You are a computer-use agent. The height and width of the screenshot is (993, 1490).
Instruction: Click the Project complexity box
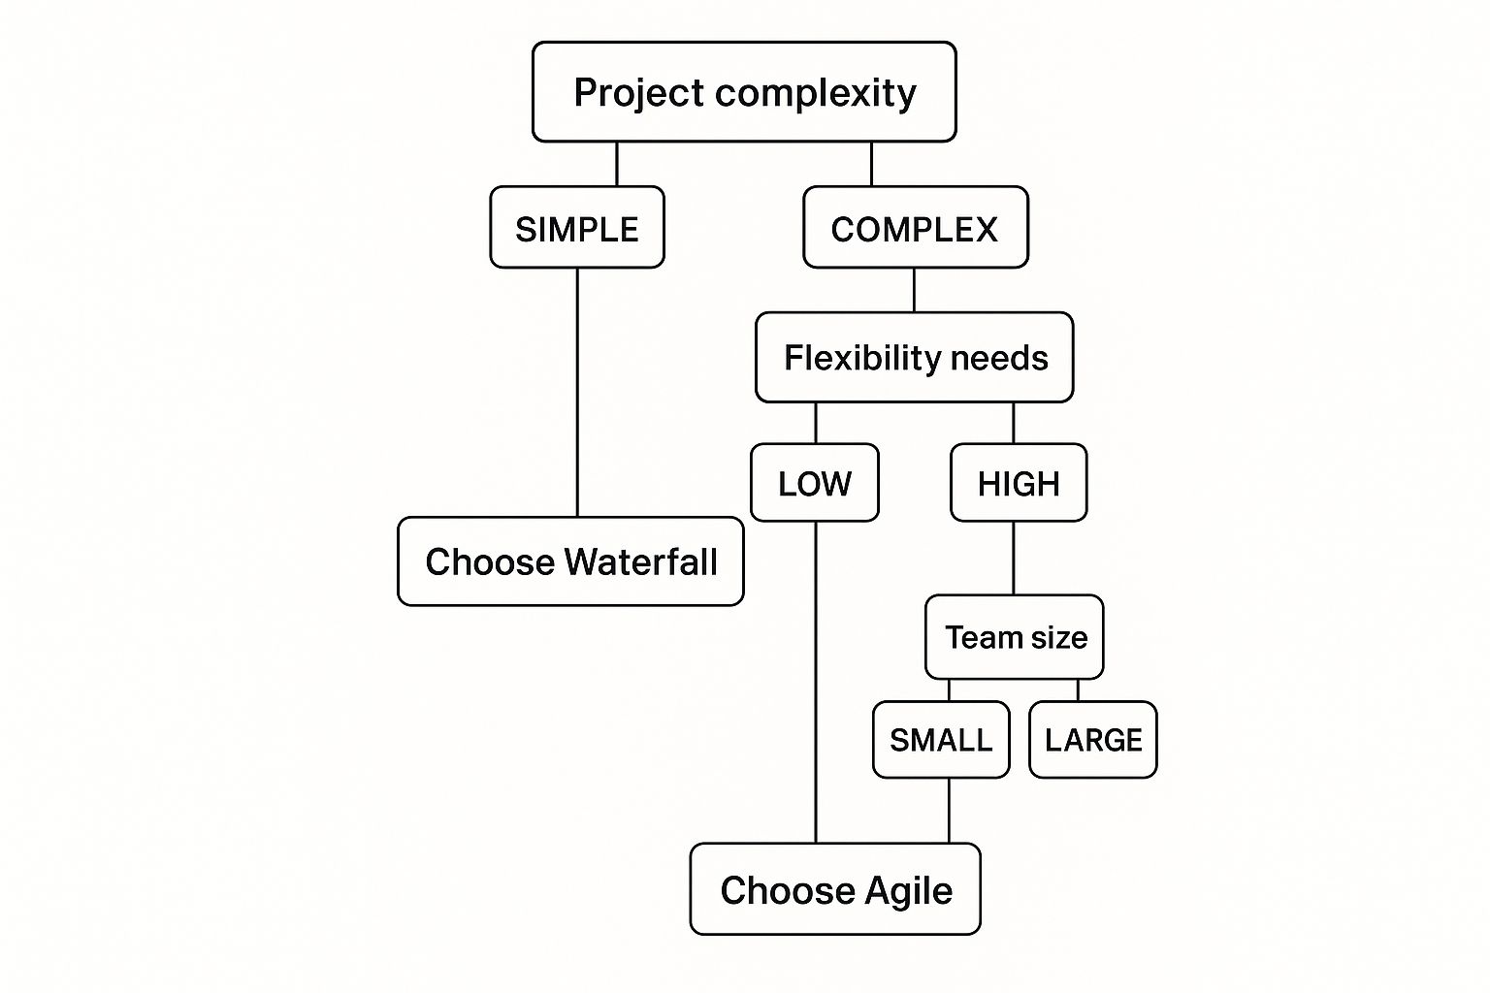(744, 92)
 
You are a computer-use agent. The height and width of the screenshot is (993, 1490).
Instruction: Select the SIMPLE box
(577, 228)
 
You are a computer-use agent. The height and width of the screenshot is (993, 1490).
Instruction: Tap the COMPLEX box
(915, 228)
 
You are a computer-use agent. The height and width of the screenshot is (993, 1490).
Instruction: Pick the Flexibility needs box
(915, 357)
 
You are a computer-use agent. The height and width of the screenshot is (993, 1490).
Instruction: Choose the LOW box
(815, 483)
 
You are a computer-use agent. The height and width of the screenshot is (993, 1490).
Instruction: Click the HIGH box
(1019, 483)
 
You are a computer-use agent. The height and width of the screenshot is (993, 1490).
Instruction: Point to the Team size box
(1015, 637)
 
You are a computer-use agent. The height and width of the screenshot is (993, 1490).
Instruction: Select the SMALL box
(941, 740)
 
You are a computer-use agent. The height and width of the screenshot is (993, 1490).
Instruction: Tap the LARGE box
(1093, 740)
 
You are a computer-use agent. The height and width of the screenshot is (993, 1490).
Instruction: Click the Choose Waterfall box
(570, 561)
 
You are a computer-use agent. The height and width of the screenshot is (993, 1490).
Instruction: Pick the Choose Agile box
(835, 889)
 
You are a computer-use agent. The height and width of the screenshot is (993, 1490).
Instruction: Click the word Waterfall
(641, 561)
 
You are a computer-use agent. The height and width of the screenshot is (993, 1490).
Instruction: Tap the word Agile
(909, 890)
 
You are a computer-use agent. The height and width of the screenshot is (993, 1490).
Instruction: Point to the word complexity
(816, 93)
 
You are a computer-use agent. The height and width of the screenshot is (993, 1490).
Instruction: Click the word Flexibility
(847, 357)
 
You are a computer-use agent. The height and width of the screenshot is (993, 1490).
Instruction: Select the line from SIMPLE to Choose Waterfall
(577, 392)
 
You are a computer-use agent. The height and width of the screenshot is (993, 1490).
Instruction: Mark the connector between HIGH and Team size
(1014, 558)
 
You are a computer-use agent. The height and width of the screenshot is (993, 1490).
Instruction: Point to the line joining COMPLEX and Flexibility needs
(914, 290)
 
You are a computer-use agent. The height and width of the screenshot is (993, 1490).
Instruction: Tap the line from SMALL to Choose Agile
(949, 811)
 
